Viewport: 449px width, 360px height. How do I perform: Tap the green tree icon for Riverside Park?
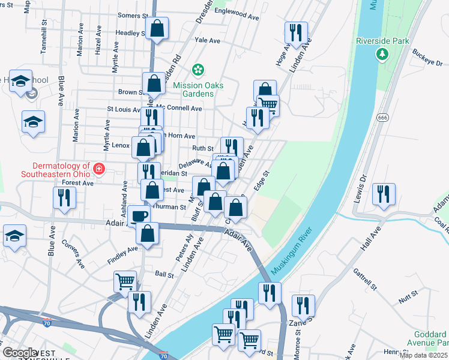click(x=382, y=55)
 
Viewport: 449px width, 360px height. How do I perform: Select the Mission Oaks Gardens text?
click(x=198, y=89)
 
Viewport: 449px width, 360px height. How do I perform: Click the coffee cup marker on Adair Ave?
click(x=138, y=216)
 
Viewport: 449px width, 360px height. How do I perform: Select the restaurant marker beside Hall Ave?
click(x=383, y=194)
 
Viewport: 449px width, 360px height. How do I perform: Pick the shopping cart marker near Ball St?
click(x=125, y=280)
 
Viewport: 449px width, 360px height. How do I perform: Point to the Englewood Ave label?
click(x=236, y=18)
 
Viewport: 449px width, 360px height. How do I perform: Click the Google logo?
click(x=19, y=353)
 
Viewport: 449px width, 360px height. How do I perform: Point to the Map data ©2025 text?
click(x=423, y=355)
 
